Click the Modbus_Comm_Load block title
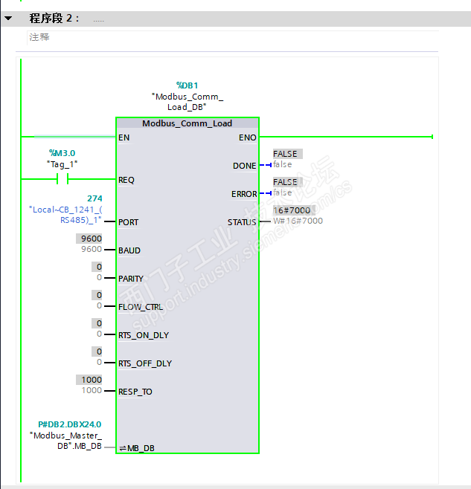coord(187,123)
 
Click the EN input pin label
coord(124,137)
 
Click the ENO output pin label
coord(247,137)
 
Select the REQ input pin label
coord(126,180)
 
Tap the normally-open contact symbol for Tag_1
coord(63,179)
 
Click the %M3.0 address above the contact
coord(62,153)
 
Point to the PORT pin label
coord(128,222)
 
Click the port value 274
coord(94,198)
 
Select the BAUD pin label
coord(129,250)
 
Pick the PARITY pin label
coord(131,279)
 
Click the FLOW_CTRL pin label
coord(140,307)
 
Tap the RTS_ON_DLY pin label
coord(143,335)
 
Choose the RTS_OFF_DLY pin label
coord(144,363)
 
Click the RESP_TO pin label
coord(135,392)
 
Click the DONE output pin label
coord(244,166)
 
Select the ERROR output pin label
coord(243,194)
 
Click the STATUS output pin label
coord(242,222)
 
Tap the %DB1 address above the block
coord(187,85)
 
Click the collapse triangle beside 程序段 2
coord(8,19)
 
